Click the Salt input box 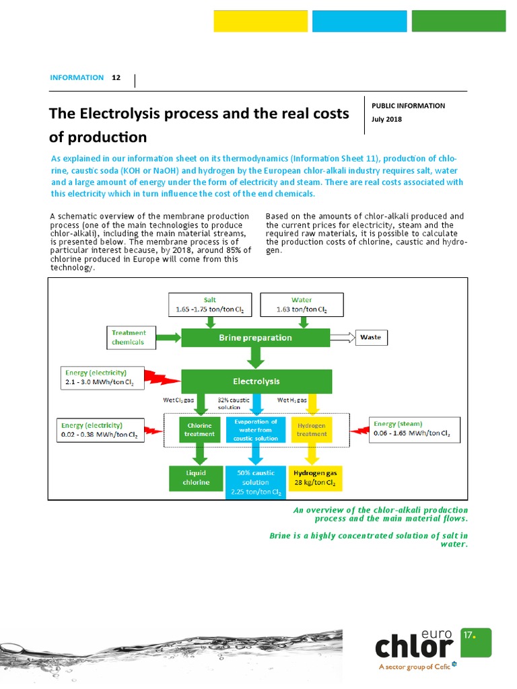pyautogui.click(x=210, y=305)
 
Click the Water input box pyautogui.click(x=302, y=305)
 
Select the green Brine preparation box pyautogui.click(x=255, y=338)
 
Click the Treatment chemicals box pyautogui.click(x=132, y=337)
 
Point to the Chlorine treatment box pyautogui.click(x=199, y=429)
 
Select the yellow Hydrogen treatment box pyautogui.click(x=311, y=429)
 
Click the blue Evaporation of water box pyautogui.click(x=255, y=429)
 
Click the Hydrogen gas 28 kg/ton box pyautogui.click(x=314, y=478)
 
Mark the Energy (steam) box pyautogui.click(x=415, y=429)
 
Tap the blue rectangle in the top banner pyautogui.click(x=359, y=21)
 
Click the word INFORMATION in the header pyautogui.click(x=77, y=77)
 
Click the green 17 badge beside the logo pyautogui.click(x=476, y=642)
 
